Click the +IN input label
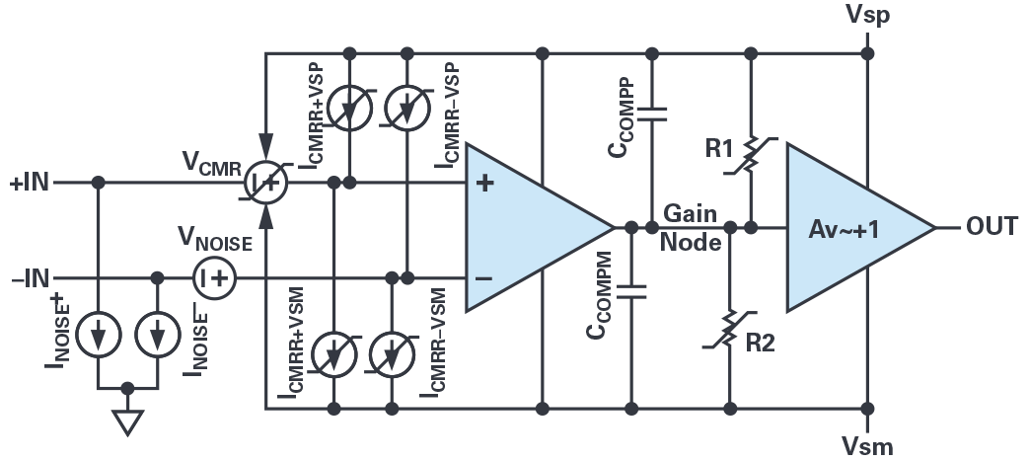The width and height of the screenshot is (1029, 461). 29,183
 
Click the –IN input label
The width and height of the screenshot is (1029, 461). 29,278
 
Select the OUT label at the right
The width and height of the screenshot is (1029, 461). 992,227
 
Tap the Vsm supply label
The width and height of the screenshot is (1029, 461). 868,445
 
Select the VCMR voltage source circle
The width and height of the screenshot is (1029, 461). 264,183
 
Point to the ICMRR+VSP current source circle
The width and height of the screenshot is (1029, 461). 351,110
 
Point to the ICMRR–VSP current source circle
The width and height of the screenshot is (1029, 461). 406,110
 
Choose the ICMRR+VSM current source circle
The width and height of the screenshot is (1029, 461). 335,354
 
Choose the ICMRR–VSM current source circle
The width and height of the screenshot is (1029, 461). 393,354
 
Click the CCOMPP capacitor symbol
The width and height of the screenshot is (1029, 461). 651,115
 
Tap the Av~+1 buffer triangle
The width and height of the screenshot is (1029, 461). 848,227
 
